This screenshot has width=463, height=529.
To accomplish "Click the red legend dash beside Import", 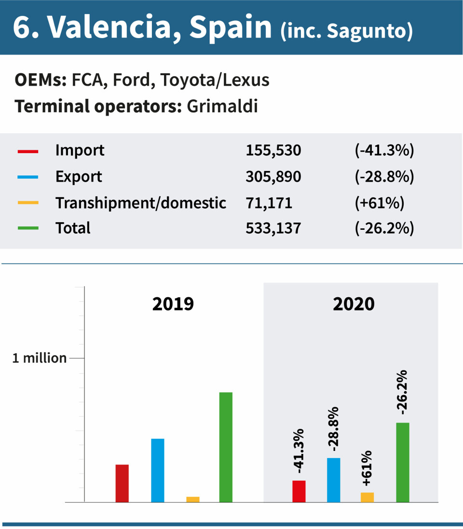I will coord(27,151).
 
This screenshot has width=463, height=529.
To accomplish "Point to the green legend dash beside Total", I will coord(27,228).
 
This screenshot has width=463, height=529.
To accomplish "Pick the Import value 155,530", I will coord(273,151).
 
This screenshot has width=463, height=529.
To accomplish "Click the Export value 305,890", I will coord(273,177).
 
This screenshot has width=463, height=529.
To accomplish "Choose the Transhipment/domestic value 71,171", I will coord(269,203).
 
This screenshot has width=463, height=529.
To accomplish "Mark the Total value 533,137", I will coord(273,228).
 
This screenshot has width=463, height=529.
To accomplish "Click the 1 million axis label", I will coord(39,358).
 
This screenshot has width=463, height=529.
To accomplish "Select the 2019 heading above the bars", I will coord(173,304).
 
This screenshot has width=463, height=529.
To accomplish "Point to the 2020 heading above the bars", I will coord(354,304).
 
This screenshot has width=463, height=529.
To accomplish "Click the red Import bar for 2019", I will coord(122,483).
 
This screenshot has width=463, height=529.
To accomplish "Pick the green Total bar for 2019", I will coord(226,447).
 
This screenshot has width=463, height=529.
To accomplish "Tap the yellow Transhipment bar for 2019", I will coord(193,499).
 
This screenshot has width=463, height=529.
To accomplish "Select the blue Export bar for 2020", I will coord(334,480).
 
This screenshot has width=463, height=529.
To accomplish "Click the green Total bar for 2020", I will coord(403,463).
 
